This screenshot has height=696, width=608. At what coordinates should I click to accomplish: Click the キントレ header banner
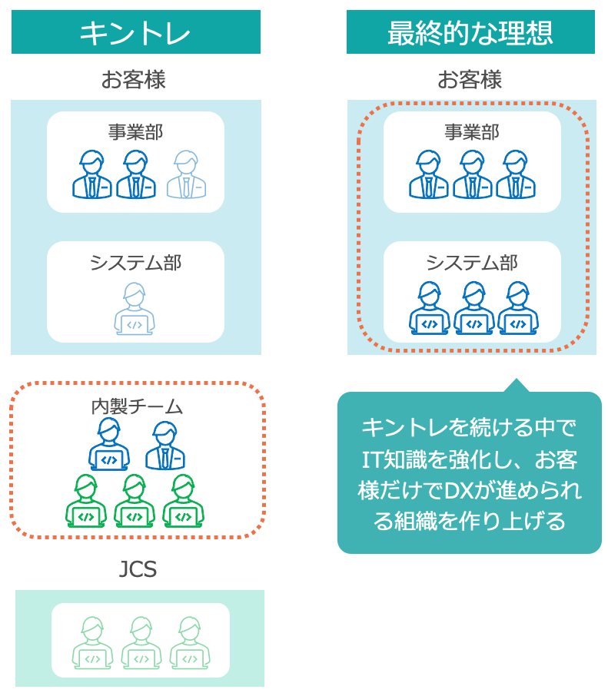pos(135,32)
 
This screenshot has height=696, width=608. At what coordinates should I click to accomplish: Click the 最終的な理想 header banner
pos(470,32)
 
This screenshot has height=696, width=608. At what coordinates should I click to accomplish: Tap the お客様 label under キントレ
pos(134,80)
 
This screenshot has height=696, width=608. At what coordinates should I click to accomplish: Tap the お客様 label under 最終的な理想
pos(470,80)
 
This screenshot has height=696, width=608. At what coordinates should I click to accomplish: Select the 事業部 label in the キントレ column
pos(135,131)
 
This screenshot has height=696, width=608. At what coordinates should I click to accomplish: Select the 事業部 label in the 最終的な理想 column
pos(472,131)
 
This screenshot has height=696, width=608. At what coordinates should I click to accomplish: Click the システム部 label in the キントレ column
pos(135,263)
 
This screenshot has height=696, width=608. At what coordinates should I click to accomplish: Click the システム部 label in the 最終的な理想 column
pos(472,263)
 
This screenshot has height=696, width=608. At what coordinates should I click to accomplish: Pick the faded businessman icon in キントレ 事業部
pos(187,175)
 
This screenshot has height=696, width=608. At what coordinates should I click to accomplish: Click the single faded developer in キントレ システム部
pos(135,309)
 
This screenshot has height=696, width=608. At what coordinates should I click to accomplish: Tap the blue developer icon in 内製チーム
pos(109,446)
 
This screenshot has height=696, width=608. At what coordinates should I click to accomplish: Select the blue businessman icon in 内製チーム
pos(165,446)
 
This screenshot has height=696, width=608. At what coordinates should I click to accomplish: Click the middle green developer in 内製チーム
pos(135,501)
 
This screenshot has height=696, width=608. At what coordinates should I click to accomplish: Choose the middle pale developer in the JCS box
pos(141,643)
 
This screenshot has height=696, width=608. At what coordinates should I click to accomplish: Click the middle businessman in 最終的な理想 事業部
pos(472,175)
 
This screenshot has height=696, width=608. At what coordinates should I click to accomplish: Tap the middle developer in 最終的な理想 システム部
pos(473,309)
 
